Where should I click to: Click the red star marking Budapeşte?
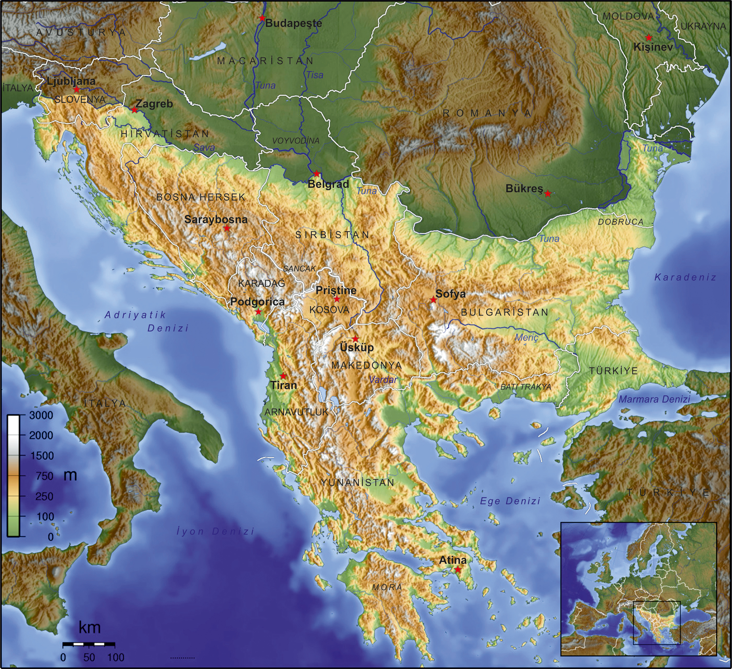coord(262,18)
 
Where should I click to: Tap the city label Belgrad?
coord(328,184)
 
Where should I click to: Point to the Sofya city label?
coord(451,294)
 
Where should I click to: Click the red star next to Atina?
coord(458,569)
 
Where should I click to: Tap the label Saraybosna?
coord(216,220)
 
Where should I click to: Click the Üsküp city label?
coord(356,347)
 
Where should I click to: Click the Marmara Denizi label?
coord(654,399)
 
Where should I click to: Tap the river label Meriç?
coord(526,338)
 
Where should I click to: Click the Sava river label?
coord(204,148)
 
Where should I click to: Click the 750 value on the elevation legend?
coord(45,476)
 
